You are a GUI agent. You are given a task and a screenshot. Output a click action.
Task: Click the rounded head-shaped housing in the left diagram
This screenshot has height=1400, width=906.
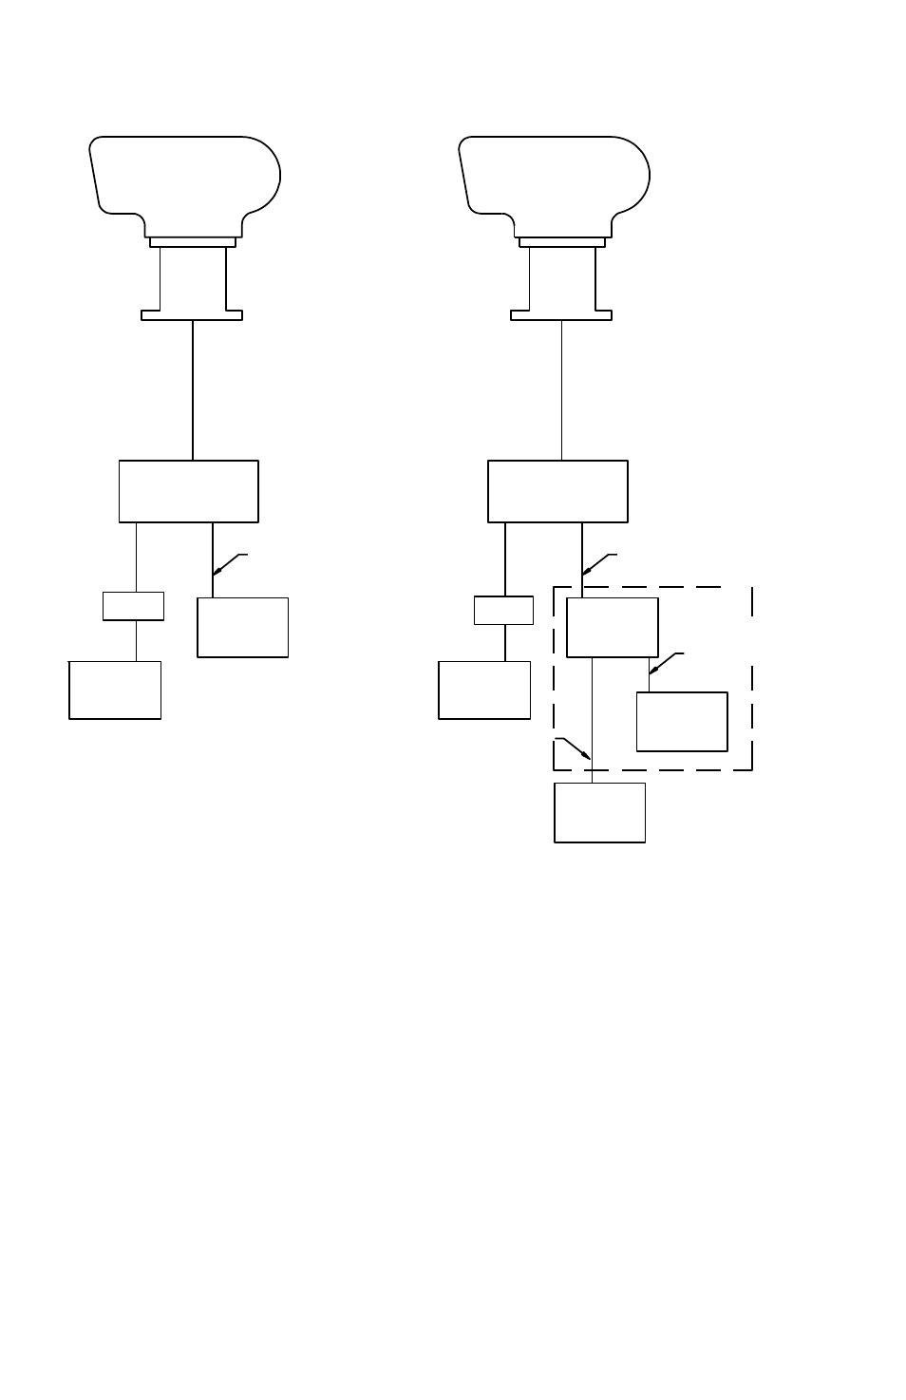point(185,176)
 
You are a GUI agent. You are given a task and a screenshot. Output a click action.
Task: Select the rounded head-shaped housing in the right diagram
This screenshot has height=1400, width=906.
point(555,176)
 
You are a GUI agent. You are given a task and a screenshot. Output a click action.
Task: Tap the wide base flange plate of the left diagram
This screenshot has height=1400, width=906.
point(192,315)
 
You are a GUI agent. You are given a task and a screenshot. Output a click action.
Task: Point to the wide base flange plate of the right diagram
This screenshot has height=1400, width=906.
point(561,315)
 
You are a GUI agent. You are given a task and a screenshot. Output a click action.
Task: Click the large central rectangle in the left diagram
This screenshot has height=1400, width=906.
point(188,491)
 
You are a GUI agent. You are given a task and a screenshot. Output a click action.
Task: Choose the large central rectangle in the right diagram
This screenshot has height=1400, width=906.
point(557,491)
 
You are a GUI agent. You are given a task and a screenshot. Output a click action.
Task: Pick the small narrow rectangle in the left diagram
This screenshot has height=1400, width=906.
point(133,606)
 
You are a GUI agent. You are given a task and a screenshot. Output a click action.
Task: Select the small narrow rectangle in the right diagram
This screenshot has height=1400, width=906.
point(503,610)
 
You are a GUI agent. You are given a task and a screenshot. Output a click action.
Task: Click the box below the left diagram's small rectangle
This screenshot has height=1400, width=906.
point(115,690)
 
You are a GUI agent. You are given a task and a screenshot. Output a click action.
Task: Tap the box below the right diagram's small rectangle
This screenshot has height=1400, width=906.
point(484,690)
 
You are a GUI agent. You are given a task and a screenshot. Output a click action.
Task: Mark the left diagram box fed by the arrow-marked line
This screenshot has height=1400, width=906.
point(242,627)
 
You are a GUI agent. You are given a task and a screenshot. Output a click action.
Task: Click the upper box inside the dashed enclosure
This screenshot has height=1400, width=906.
point(613,627)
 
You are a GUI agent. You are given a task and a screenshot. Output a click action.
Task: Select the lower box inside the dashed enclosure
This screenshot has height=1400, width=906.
point(682,722)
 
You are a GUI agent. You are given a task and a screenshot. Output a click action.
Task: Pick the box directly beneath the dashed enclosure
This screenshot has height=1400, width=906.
point(599,812)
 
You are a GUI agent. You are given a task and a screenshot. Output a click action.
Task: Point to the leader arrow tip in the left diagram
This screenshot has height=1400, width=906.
point(216,573)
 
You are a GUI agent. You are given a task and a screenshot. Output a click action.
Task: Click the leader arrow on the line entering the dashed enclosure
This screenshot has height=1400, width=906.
point(585,573)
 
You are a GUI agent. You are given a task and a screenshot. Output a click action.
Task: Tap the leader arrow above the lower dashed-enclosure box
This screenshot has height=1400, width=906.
point(652,672)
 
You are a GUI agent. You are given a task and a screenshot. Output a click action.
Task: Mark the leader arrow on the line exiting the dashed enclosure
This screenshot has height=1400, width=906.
point(589,756)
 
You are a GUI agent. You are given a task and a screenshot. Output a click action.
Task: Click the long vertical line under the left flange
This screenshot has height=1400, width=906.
point(193,389)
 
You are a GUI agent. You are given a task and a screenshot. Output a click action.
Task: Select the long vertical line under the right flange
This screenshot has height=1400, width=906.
point(562,389)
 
